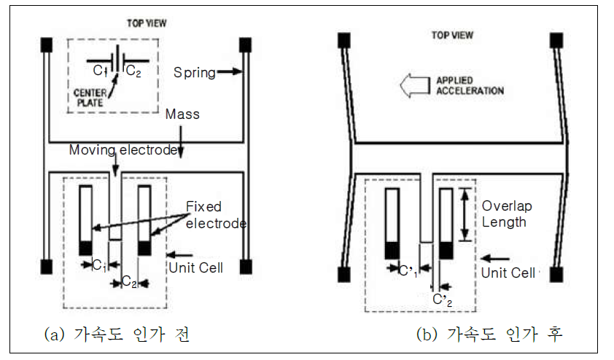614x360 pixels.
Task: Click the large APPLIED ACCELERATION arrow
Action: click(x=418, y=87)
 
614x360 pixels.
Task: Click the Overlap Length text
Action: click(x=504, y=214)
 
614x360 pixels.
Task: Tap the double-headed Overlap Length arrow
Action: click(x=464, y=214)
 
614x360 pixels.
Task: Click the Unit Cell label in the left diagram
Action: click(x=195, y=267)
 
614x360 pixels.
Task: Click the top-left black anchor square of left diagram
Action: click(x=47, y=43)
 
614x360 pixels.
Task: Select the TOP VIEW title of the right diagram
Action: click(x=453, y=34)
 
